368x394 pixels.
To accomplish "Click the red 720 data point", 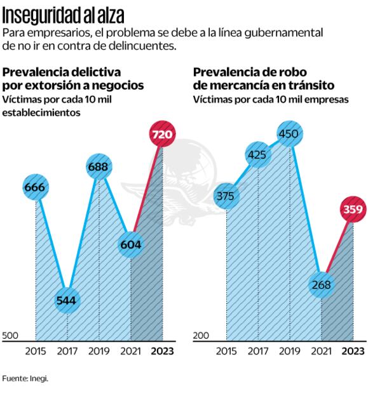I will [x=163, y=134].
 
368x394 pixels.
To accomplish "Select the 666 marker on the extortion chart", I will [x=36, y=187].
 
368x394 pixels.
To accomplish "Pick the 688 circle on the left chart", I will [x=99, y=167].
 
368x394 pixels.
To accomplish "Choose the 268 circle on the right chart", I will [x=322, y=284].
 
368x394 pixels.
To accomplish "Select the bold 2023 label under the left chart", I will [x=161, y=351].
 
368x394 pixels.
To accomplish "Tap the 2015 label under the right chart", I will [x=226, y=351].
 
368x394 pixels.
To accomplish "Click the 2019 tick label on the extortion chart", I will [x=99, y=351].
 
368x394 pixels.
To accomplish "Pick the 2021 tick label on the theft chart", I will [x=322, y=351].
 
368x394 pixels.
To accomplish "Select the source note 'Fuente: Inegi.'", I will [x=25, y=378].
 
